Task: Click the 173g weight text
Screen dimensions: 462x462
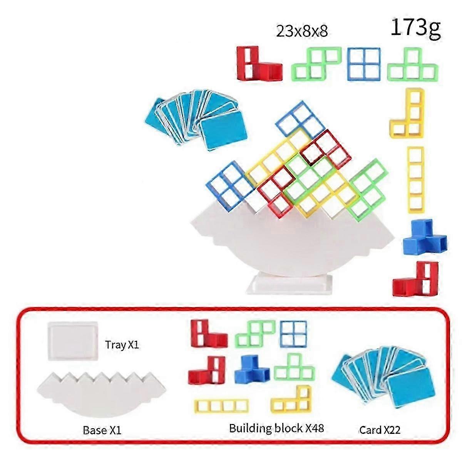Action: [415, 28]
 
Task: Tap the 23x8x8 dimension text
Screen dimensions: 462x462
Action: [302, 31]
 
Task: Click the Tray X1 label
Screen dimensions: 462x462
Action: [122, 345]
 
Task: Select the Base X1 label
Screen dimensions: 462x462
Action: [102, 430]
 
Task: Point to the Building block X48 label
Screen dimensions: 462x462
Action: [276, 428]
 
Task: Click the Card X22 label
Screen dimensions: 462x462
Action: [380, 430]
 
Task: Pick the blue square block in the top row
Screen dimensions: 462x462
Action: [364, 64]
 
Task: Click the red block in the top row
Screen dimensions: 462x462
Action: [256, 64]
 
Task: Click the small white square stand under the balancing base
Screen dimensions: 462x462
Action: [289, 284]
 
